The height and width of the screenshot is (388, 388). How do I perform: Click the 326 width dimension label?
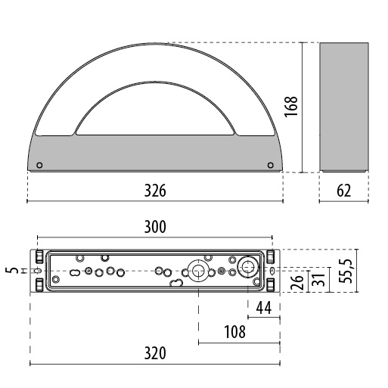click(155, 191)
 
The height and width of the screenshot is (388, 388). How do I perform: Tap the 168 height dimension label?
click(291, 107)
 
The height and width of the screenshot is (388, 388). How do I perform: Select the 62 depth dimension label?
click(344, 191)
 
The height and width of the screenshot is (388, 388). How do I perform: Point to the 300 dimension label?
click(155, 227)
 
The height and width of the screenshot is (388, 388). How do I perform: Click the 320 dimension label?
click(155, 353)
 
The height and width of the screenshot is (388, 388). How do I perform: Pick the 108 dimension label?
click(234, 332)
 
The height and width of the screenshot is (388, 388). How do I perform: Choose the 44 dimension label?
click(264, 308)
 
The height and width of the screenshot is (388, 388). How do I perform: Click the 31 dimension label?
click(318, 279)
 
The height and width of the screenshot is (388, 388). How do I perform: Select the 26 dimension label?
click(297, 282)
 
